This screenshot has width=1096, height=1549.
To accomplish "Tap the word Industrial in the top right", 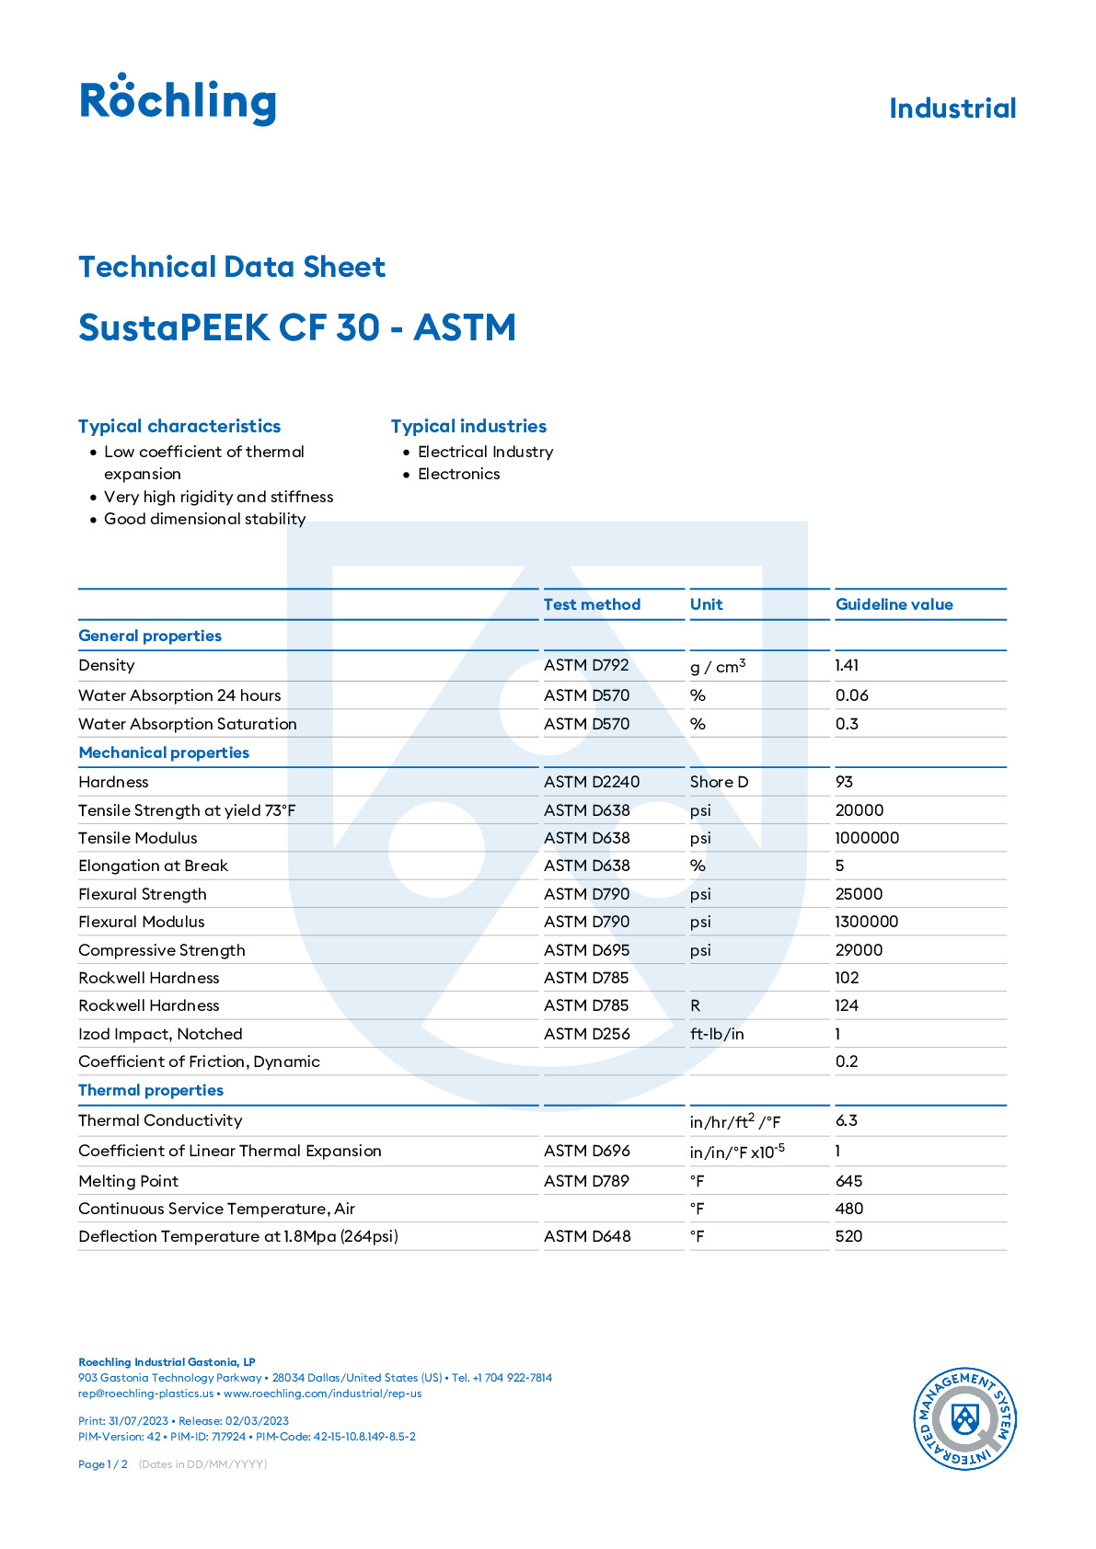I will coord(952,109).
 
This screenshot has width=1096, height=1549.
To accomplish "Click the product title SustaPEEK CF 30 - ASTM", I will coord(296,327).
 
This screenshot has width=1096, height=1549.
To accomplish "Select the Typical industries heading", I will coord(468,426).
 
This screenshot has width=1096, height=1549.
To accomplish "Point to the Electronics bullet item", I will coord(458,474).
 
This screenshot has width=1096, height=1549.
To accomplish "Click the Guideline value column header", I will coord(894,604).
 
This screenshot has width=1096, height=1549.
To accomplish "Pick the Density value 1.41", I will coord(847,665).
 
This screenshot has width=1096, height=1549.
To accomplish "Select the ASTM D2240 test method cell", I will coord(591,782).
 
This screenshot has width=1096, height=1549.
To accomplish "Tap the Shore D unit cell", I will coord(719,782).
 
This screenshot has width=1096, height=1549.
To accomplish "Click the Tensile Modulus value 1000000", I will coord(867,838).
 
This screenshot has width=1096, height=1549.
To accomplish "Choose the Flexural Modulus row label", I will coord(142,922).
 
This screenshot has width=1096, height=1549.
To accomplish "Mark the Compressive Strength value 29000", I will coord(859,950).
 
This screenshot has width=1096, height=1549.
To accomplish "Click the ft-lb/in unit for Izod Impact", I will coord(717,1034).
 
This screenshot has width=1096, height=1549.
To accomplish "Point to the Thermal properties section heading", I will coord(151,1090).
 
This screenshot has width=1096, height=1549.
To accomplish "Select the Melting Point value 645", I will coord(848,1181).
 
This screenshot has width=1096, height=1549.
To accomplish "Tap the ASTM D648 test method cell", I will coord(587,1236).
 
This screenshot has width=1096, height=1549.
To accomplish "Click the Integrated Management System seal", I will coord(964,1417).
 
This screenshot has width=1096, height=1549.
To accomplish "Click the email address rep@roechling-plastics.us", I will coord(145,1394).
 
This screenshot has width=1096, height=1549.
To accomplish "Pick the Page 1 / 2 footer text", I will coord(103,1464).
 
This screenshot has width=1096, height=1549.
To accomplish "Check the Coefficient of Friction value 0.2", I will coord(847,1061).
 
